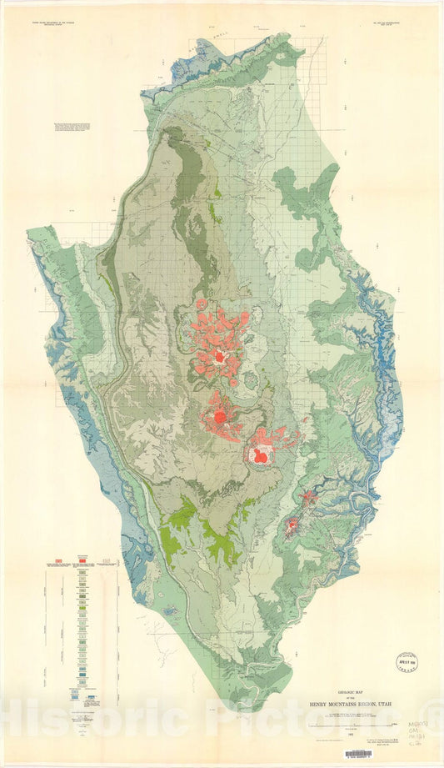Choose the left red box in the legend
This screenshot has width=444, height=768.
tap(59, 561)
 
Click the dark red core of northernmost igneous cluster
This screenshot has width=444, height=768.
tap(219, 356)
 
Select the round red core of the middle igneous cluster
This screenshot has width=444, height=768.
tap(219, 414)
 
